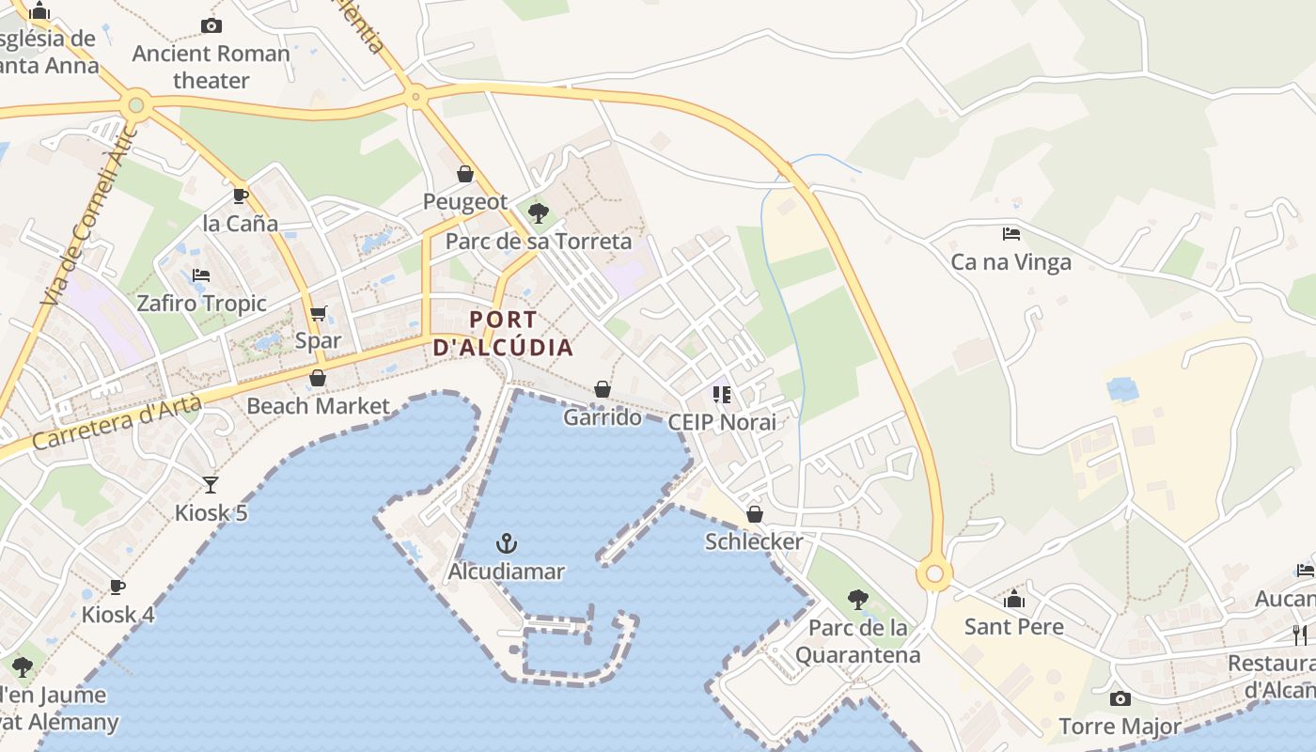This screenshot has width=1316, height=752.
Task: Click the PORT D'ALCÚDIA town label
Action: tap(504, 334)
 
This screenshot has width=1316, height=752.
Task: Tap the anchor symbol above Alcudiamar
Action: tap(507, 543)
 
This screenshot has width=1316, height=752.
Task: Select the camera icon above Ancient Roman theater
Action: tap(211, 25)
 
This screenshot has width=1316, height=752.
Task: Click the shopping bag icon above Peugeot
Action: tap(464, 174)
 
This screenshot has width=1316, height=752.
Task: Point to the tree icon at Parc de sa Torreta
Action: tap(539, 212)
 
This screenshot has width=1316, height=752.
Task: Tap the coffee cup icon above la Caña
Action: tap(241, 196)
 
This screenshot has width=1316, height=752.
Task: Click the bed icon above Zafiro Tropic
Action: tap(201, 275)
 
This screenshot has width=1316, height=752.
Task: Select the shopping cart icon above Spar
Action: tap(319, 313)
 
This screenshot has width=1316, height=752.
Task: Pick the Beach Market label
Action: tap(318, 406)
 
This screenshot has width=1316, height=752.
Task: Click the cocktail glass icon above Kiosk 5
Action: tap(211, 484)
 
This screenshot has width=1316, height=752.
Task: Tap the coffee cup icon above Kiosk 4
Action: tap(117, 587)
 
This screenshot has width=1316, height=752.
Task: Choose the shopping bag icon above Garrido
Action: tap(603, 389)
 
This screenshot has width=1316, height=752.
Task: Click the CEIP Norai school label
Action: tap(722, 422)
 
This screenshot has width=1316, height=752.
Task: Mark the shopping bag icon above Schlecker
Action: tap(754, 514)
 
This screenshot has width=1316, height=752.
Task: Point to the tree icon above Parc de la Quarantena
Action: tap(857, 599)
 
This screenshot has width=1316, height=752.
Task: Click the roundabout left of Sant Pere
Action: tap(934, 572)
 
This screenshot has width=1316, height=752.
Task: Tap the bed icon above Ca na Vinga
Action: tap(1011, 233)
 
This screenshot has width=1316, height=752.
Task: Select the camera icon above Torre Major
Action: tap(1120, 698)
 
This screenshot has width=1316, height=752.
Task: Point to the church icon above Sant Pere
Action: tap(1014, 599)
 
